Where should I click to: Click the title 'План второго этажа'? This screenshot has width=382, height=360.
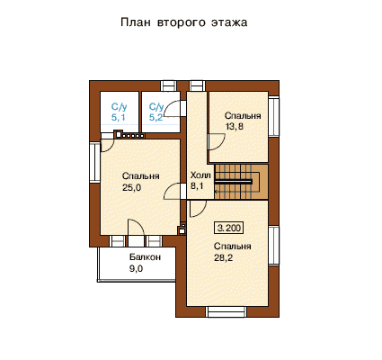[x=184, y=22]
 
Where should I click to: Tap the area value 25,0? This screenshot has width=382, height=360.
[x=131, y=188]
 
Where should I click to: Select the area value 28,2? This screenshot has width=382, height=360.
[x=223, y=257]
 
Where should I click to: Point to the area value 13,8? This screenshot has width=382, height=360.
[x=234, y=126]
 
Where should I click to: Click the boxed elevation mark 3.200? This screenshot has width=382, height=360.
[x=229, y=228]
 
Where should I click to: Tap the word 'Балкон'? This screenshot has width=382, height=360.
[x=145, y=257]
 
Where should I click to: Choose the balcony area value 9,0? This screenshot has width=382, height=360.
[x=136, y=269]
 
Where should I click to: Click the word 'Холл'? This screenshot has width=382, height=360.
[x=200, y=175]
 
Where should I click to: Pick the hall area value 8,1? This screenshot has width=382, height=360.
[x=197, y=186]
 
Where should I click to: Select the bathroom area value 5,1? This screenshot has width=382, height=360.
[x=119, y=117]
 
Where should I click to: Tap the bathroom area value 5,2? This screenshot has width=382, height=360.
[x=156, y=117]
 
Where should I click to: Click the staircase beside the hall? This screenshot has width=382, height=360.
[x=241, y=182]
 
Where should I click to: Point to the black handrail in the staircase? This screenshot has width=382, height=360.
[x=233, y=182]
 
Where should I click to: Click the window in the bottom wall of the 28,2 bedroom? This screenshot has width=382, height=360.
[x=227, y=311]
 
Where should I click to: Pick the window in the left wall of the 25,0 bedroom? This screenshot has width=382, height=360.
[x=94, y=163]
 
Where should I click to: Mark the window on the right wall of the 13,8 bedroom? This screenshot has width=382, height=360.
[x=273, y=117]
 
